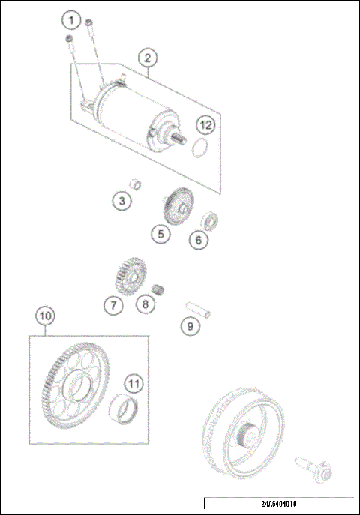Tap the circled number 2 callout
(148, 57)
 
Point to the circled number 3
(122, 200)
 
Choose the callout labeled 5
(160, 234)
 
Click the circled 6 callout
(199, 240)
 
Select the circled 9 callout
(190, 325)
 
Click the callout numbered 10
(45, 316)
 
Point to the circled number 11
(132, 384)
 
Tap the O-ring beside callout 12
(199, 148)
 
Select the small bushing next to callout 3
(136, 184)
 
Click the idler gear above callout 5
(175, 204)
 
